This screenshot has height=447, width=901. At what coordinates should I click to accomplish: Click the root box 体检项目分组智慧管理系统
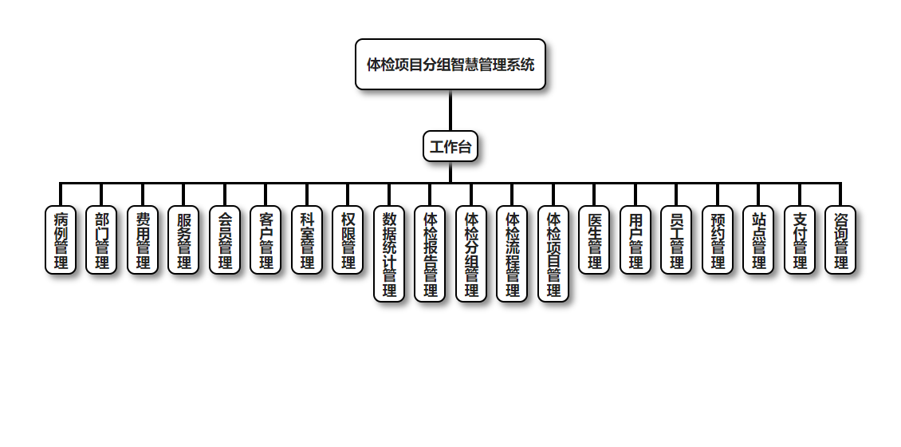point(450,65)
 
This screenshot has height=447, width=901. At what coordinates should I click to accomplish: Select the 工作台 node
point(450,146)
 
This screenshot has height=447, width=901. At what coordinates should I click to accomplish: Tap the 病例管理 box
point(61,240)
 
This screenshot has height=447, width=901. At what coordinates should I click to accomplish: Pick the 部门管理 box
point(102,240)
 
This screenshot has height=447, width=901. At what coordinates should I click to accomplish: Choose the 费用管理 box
point(143,240)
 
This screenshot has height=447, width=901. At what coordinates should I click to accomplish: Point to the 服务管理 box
point(184,240)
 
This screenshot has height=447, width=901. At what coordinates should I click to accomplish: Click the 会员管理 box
point(225,240)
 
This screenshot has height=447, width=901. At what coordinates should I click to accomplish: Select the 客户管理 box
point(266,240)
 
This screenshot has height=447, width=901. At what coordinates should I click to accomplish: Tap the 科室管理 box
point(307,240)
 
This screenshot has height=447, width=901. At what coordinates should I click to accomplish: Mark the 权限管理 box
point(348,240)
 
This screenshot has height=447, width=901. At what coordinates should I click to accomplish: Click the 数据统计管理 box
point(389,254)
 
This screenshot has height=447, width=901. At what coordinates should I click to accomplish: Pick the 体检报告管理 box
point(431,254)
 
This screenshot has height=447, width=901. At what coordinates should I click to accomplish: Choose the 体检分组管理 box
point(471,254)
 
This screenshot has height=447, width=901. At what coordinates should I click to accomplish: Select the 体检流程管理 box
point(513,254)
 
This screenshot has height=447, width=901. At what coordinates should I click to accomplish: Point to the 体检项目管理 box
point(553,254)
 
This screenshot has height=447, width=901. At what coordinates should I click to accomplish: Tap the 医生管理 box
point(595,240)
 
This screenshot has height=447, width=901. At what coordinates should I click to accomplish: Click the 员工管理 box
point(677,240)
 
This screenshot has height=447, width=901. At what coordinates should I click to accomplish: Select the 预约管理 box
point(718,240)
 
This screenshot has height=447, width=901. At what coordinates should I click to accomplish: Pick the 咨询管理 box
point(841,240)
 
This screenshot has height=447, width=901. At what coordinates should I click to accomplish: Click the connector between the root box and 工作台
point(450,110)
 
